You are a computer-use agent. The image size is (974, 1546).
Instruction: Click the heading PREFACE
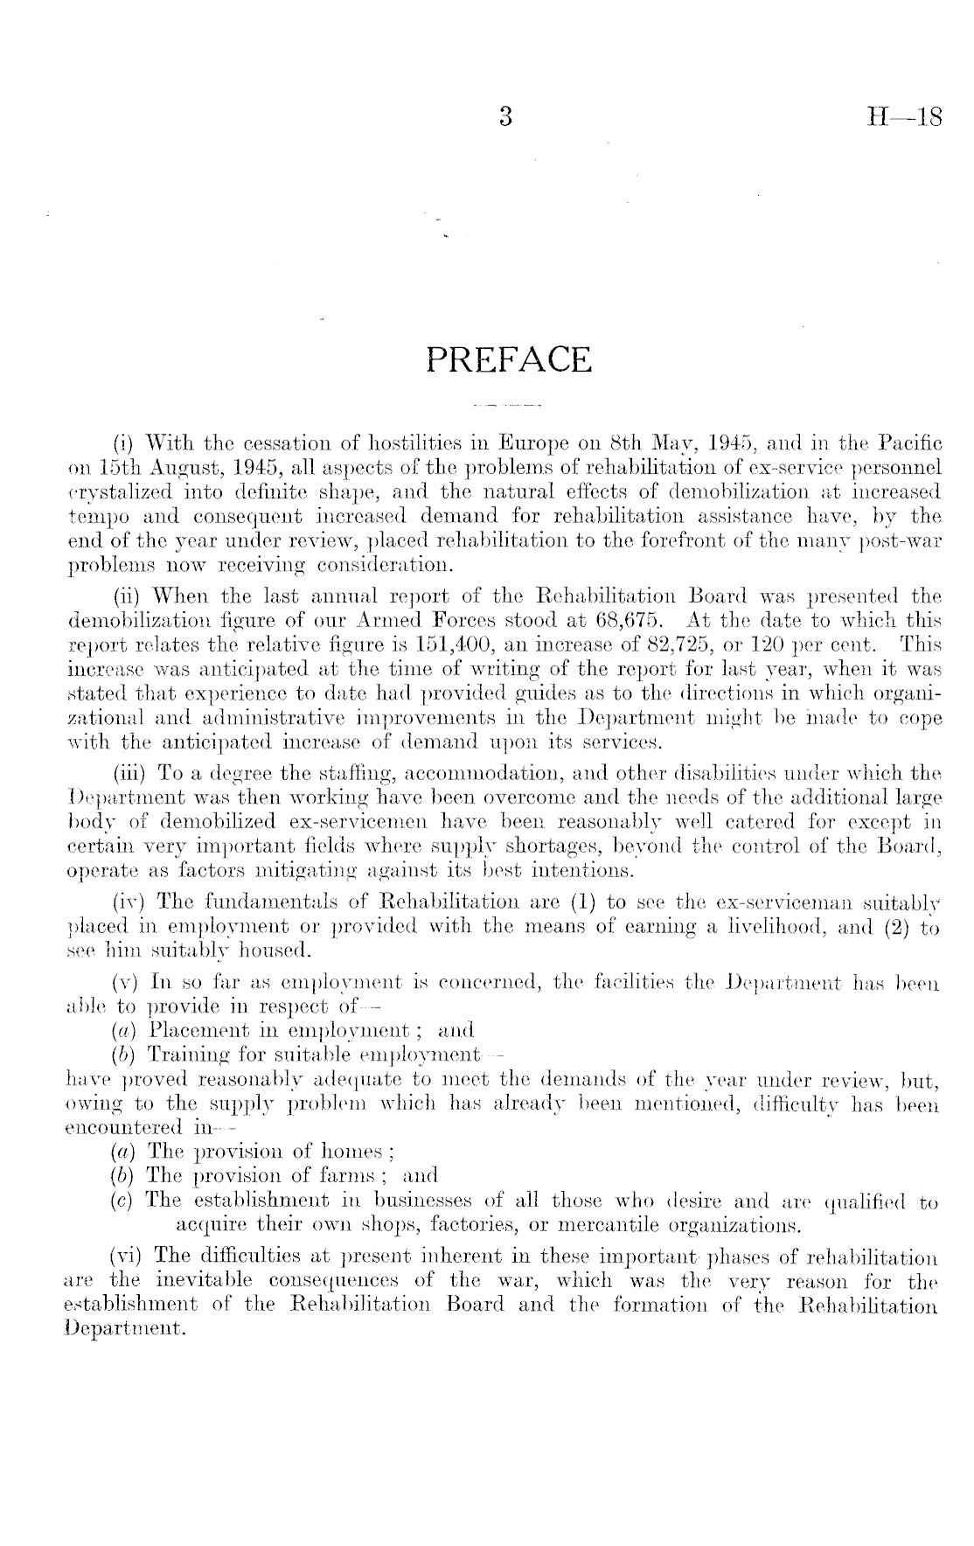pyautogui.click(x=509, y=359)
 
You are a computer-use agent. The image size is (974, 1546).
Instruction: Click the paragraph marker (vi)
pyautogui.click(x=129, y=1257)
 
